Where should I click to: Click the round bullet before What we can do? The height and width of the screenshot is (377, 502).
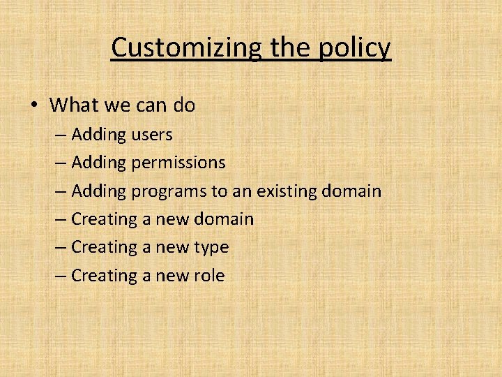click(34, 105)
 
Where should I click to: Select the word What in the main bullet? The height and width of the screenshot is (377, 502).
click(74, 105)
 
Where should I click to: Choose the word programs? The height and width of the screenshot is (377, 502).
click(169, 191)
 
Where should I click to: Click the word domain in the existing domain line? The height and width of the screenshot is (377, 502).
click(352, 191)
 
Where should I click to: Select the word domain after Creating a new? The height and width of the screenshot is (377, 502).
click(224, 219)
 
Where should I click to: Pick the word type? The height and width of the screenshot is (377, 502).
click(212, 248)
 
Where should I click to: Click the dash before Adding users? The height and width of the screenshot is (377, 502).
click(59, 134)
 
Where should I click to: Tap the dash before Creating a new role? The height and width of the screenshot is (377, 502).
click(59, 276)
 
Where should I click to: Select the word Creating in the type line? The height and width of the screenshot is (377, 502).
click(104, 247)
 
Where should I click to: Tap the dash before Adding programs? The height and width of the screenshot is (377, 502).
click(59, 191)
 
